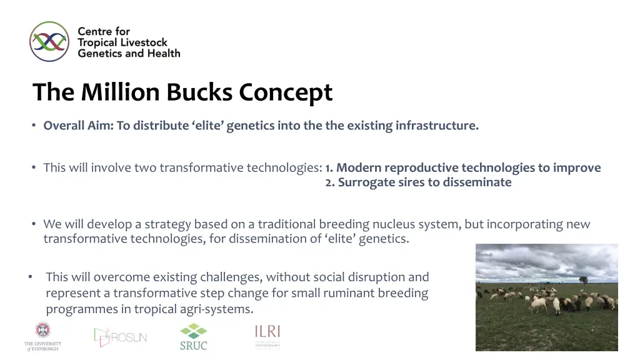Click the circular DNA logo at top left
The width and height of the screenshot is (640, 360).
click(49, 41)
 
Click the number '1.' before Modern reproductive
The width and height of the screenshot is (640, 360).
click(329, 168)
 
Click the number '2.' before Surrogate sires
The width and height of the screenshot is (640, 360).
click(330, 182)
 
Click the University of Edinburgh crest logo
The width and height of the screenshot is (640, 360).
click(43, 331)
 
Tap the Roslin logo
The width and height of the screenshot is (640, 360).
click(121, 337)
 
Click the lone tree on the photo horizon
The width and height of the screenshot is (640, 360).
click(583, 280)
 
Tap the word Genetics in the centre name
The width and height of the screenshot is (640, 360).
click(99, 54)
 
